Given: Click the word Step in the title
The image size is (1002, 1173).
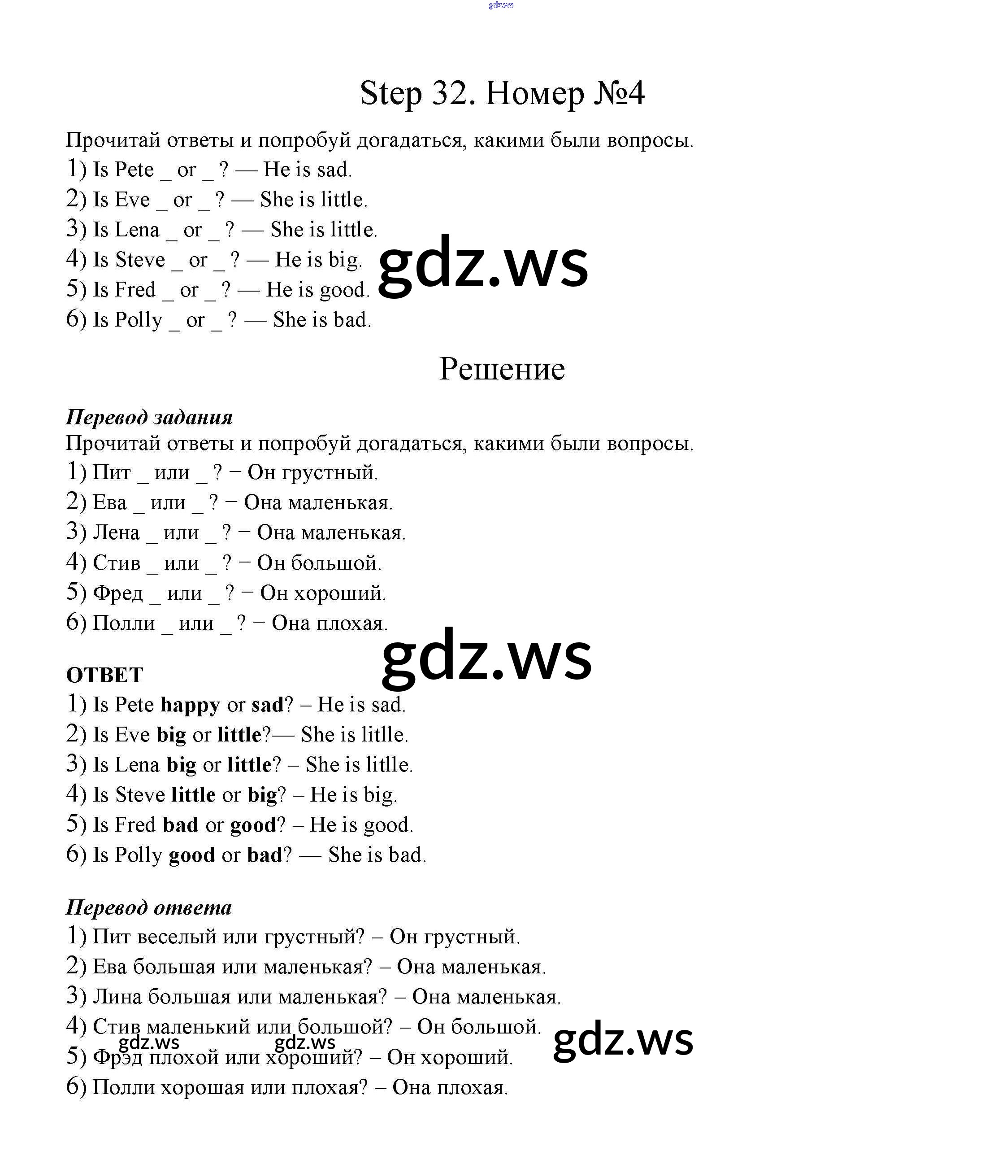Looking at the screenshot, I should (391, 95).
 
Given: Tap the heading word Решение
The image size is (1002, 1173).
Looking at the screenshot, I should (502, 369).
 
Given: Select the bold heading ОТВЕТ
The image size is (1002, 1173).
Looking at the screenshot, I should (104, 675).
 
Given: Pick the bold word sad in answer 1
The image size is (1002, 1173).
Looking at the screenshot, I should (267, 705).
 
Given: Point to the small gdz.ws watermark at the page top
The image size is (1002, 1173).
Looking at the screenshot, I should (501, 5).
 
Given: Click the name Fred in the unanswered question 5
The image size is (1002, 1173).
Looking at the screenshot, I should (134, 290).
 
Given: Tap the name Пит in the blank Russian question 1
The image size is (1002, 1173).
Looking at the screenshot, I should (112, 472).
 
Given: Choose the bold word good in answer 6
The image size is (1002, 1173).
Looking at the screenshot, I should (192, 855).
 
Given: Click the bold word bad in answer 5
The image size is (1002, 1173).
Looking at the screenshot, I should (181, 825).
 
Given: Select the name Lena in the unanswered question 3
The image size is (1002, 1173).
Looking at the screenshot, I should (137, 230).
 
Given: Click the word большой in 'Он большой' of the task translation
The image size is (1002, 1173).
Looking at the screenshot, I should (336, 563).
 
